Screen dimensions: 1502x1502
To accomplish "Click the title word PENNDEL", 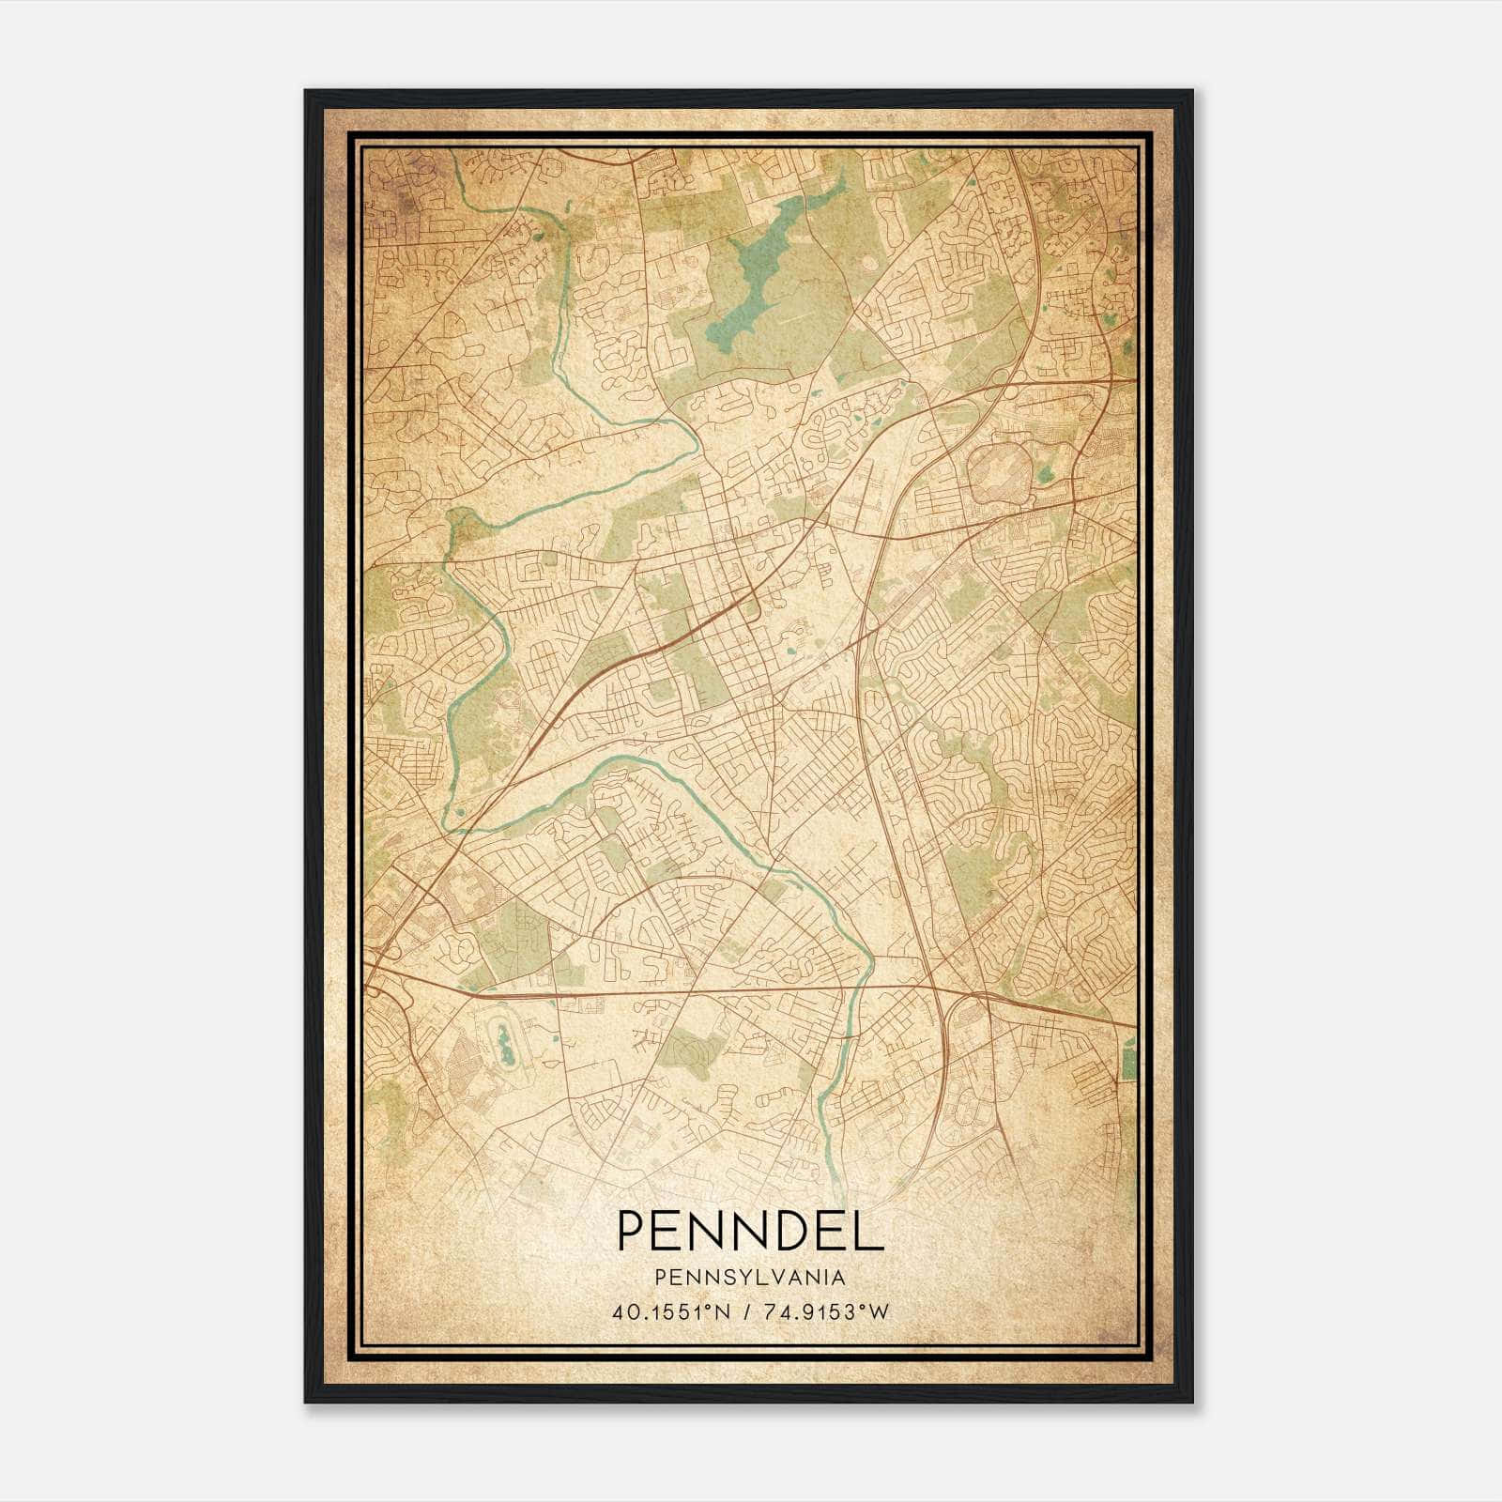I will point(749,1230).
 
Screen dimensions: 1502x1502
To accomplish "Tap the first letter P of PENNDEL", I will point(632,1230).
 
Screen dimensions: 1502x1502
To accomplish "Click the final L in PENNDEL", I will point(869,1230).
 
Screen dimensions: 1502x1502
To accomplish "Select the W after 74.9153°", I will point(879,1313).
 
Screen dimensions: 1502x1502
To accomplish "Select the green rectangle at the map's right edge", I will point(1128,1064).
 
